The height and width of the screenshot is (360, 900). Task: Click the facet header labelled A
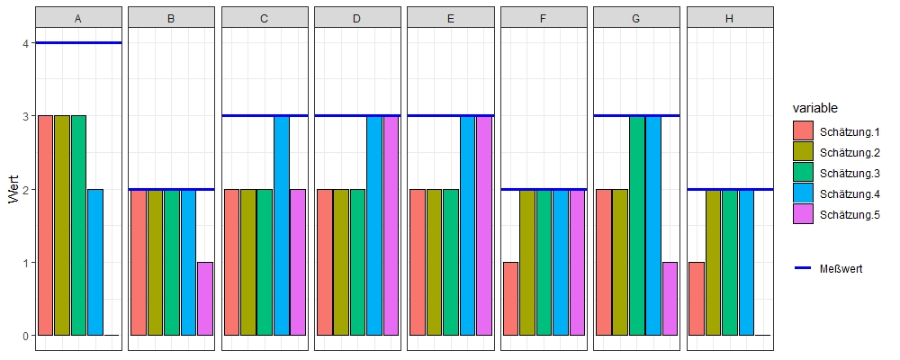click(78, 17)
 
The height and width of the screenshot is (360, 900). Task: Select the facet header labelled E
click(451, 17)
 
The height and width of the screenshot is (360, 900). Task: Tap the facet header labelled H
click(730, 17)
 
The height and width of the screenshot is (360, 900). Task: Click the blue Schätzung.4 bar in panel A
click(95, 262)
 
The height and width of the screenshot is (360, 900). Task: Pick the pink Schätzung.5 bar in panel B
click(205, 299)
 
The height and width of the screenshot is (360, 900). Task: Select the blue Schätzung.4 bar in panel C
click(282, 225)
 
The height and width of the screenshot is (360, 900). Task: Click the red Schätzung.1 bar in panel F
click(510, 299)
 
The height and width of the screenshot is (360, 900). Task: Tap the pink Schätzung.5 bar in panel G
click(670, 299)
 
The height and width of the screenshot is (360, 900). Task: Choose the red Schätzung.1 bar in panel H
click(697, 299)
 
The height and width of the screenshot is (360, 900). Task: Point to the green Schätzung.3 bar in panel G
click(637, 225)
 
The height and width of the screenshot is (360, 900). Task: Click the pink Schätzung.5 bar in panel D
click(391, 225)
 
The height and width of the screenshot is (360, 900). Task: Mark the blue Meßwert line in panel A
click(78, 42)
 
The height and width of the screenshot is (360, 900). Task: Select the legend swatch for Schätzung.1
click(803, 131)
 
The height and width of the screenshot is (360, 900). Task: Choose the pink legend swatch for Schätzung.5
click(803, 214)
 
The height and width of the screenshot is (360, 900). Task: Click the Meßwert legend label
click(842, 269)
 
